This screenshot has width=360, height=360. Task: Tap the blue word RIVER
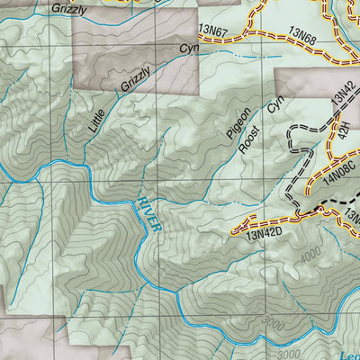[149, 215]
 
